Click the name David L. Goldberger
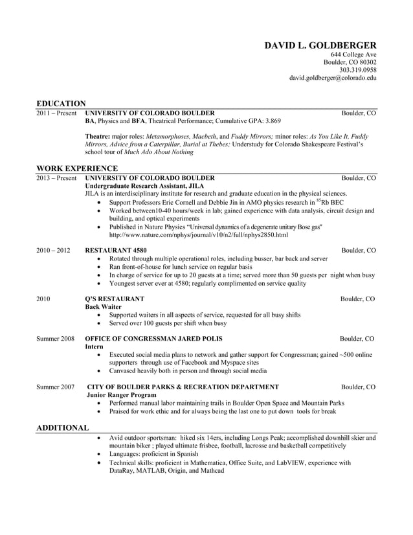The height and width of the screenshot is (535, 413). [320, 45]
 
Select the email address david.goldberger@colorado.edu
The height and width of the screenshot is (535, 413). [332, 78]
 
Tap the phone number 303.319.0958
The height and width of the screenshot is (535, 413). [357, 70]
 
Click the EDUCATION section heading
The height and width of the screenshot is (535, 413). [61, 104]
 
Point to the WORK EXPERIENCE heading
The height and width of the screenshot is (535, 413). [77, 168]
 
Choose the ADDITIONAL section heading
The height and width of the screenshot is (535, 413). [62, 428]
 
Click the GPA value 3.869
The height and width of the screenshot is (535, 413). [270, 121]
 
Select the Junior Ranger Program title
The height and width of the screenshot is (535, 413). [121, 394]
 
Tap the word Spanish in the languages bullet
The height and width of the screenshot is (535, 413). [184, 455]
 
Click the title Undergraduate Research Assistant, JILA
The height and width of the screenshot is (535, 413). [142, 185]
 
